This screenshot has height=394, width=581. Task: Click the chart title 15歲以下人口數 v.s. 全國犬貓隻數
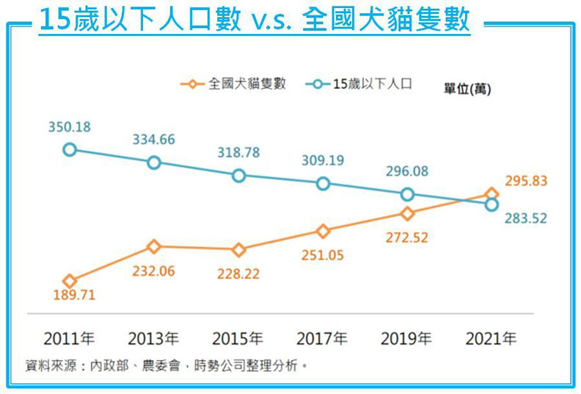(x=255, y=20)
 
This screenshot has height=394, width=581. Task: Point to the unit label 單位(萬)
(x=467, y=88)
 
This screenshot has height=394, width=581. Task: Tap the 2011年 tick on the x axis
(x=69, y=339)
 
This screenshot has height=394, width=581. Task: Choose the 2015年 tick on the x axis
(x=238, y=339)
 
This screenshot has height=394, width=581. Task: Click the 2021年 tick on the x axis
(x=491, y=339)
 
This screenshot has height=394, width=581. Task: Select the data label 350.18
(x=69, y=127)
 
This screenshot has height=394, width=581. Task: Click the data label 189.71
(x=73, y=296)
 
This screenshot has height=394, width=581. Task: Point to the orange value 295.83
(x=526, y=181)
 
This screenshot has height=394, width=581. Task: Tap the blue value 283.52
(x=525, y=218)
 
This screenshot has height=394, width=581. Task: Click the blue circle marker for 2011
(x=70, y=150)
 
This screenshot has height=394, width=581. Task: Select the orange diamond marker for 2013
(x=154, y=246)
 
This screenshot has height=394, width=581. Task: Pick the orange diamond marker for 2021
(x=492, y=195)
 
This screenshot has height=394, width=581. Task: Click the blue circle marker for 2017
(x=323, y=184)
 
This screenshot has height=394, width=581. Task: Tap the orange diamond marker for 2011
(x=70, y=281)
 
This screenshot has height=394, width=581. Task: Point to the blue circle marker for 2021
(x=492, y=205)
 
